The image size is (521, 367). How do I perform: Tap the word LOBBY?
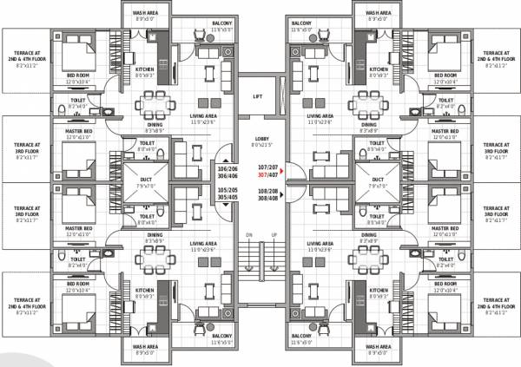pyautogui.click(x=260, y=140)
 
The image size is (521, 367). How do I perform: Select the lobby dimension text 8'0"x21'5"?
pyautogui.click(x=260, y=146)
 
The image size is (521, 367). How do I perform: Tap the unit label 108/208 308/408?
pyautogui.click(x=268, y=193)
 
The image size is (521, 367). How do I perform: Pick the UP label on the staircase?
pyautogui.click(x=274, y=234)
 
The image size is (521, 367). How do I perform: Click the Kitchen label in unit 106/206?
pyautogui.click(x=144, y=71)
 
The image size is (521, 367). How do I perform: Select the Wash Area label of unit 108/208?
pyautogui.click(x=376, y=350)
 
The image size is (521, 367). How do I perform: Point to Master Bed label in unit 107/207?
pyautogui.click(x=444, y=134)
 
